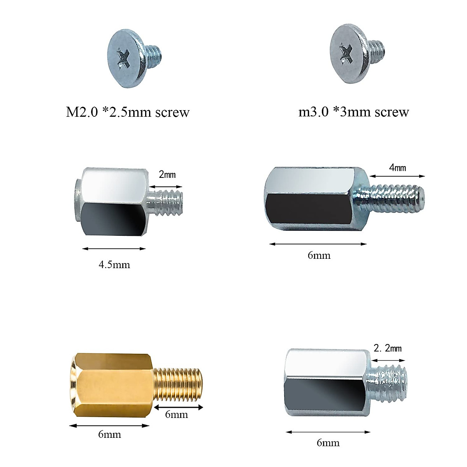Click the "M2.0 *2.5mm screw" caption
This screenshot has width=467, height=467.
click(x=128, y=112)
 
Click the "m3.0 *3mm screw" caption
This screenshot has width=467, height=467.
click(x=353, y=112)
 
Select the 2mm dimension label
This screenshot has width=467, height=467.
click(x=167, y=175)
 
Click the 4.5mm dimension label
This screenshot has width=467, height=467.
click(x=114, y=265)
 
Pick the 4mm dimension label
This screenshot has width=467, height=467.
click(x=397, y=168)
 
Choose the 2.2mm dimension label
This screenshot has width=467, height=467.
click(x=388, y=348)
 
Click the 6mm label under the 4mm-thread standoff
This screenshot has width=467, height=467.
click(x=319, y=255)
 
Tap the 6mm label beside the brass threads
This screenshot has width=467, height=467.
click(x=176, y=414)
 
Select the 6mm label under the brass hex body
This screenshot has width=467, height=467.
click(x=109, y=434)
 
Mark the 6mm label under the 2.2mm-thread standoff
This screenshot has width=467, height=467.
click(x=328, y=442)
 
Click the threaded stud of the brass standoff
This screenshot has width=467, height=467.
click(x=179, y=385)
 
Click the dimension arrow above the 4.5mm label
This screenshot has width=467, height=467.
click(x=114, y=249)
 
